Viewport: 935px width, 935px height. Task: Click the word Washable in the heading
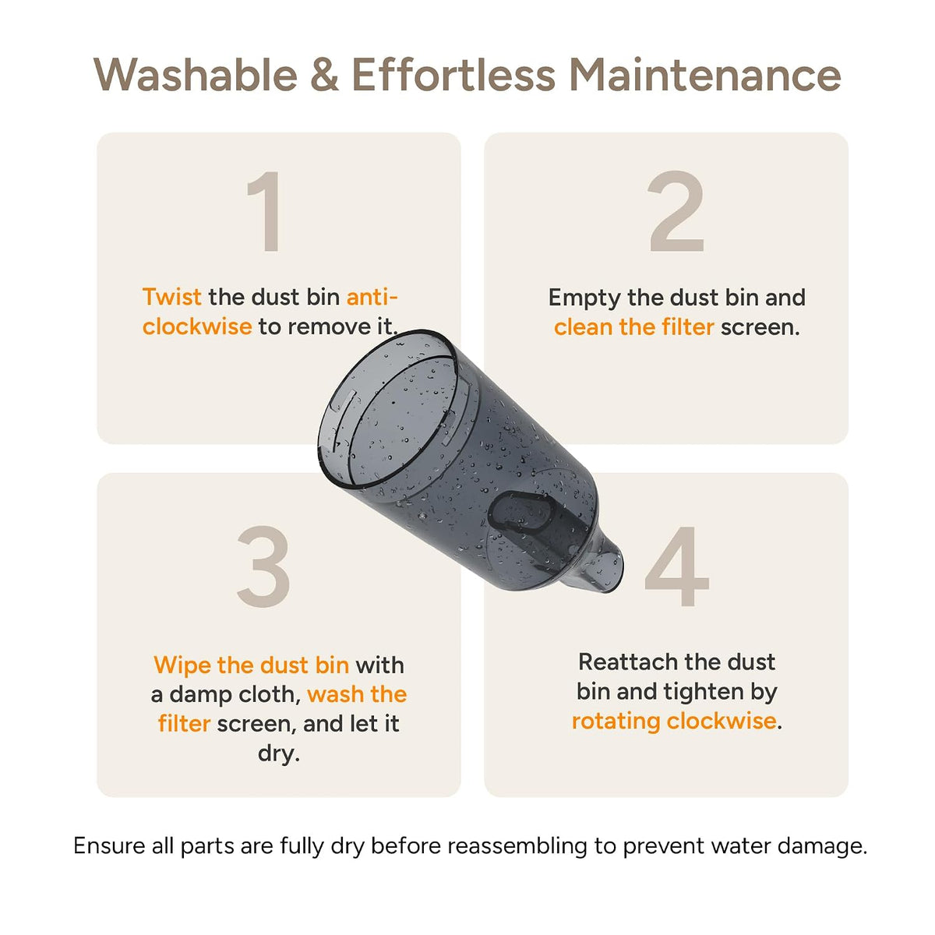tap(195, 75)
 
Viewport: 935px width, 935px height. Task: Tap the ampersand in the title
tap(325, 75)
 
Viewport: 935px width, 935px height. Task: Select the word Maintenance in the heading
tap(705, 75)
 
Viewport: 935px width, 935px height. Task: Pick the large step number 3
tap(263, 566)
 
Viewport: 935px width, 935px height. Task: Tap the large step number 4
tap(677, 566)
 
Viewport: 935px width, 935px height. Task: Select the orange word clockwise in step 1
tap(197, 326)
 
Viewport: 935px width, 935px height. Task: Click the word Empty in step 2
tap(584, 298)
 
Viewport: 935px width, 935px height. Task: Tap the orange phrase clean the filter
tap(633, 326)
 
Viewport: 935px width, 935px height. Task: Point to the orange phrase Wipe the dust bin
tap(252, 665)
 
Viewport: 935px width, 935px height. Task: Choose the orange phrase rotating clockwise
tap(673, 721)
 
